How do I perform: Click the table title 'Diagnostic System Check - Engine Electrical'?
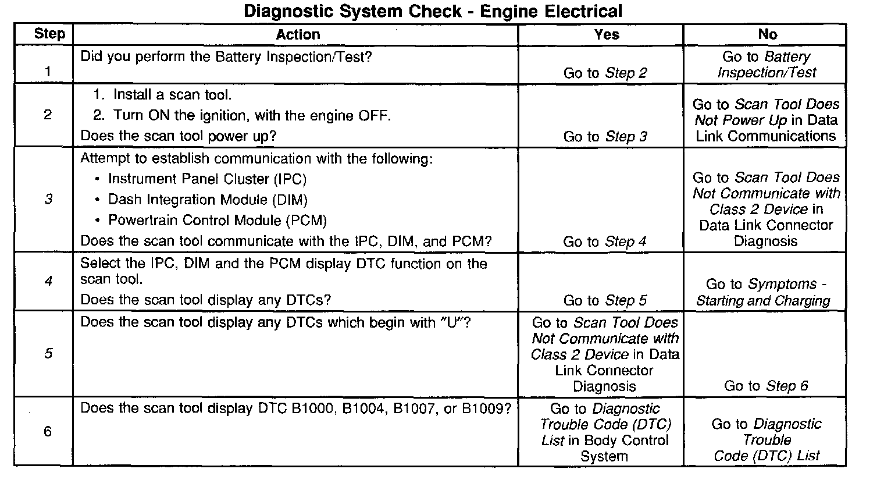click(x=433, y=11)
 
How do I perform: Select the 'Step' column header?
click(x=49, y=34)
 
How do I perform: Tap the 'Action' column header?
click(x=298, y=34)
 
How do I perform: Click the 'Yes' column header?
click(x=607, y=34)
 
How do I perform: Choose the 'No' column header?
click(x=767, y=34)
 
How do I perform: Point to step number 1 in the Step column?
click(x=47, y=72)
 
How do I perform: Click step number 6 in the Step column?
click(x=48, y=431)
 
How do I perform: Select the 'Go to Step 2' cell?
click(x=605, y=73)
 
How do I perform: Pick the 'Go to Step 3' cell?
click(x=605, y=137)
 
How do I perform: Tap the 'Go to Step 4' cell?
click(x=605, y=241)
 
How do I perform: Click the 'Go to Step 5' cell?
click(x=605, y=300)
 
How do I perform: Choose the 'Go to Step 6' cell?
click(x=766, y=386)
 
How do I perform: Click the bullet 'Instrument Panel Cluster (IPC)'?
click(x=207, y=179)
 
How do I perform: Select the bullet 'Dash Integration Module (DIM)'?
click(x=208, y=200)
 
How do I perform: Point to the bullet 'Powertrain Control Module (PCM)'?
click(x=218, y=221)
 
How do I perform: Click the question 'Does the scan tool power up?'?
click(x=178, y=136)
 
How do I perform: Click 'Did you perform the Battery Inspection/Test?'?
click(x=226, y=57)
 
